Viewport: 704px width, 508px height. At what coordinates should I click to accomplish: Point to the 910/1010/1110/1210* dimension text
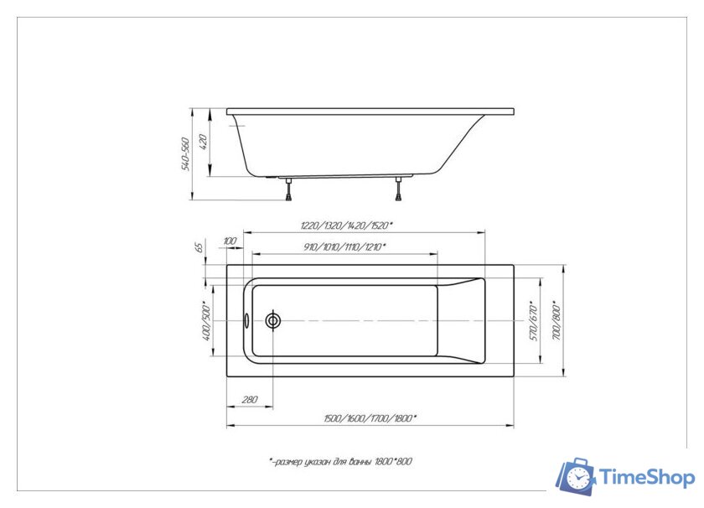345,246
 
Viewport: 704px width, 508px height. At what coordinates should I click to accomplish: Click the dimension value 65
199,247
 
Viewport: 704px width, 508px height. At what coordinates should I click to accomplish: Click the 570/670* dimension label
531,319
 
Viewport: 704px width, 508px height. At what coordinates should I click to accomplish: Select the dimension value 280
249,400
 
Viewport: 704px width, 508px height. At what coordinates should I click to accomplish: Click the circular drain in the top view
273,320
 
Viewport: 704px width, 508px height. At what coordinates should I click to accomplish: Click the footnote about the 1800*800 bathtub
341,462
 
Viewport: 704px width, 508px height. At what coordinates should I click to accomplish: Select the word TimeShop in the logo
647,478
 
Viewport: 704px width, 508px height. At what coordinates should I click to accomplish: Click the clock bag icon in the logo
576,476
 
